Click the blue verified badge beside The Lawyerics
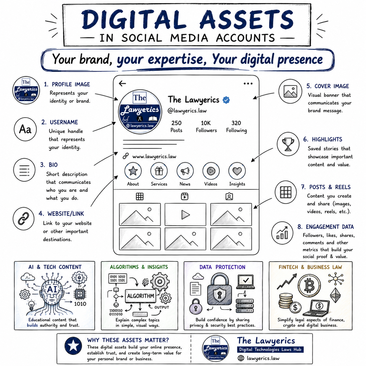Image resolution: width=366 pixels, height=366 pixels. pyautogui.click(x=226, y=100)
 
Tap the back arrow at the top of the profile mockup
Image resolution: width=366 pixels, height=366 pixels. pyautogui.click(x=122, y=83)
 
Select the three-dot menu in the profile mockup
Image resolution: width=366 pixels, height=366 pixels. pyautogui.click(x=248, y=83)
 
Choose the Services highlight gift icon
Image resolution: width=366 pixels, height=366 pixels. pyautogui.click(x=159, y=171)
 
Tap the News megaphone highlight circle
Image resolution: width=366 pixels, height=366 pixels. pyautogui.click(x=185, y=171)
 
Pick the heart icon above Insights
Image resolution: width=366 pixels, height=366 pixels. pyautogui.click(x=237, y=171)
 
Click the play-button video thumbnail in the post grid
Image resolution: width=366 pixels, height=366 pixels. pyautogui.click(x=185, y=215)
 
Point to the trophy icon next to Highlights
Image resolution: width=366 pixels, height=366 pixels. pyautogui.click(x=288, y=144)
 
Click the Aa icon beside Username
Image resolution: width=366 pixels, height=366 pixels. pyautogui.click(x=25, y=129)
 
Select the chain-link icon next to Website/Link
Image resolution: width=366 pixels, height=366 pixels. pyautogui.click(x=23, y=218)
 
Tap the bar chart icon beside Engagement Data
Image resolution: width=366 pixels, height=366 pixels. pyautogui.click(x=282, y=233)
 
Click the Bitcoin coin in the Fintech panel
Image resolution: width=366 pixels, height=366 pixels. pyautogui.click(x=309, y=285)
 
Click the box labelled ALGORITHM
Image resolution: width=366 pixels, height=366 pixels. pyautogui.click(x=140, y=296)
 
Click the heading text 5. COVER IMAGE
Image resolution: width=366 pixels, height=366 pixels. pyautogui.click(x=328, y=86)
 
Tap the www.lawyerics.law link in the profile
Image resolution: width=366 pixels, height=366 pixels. pyautogui.click(x=154, y=156)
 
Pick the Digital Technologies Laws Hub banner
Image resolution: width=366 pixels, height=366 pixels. pyautogui.click(x=270, y=349)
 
